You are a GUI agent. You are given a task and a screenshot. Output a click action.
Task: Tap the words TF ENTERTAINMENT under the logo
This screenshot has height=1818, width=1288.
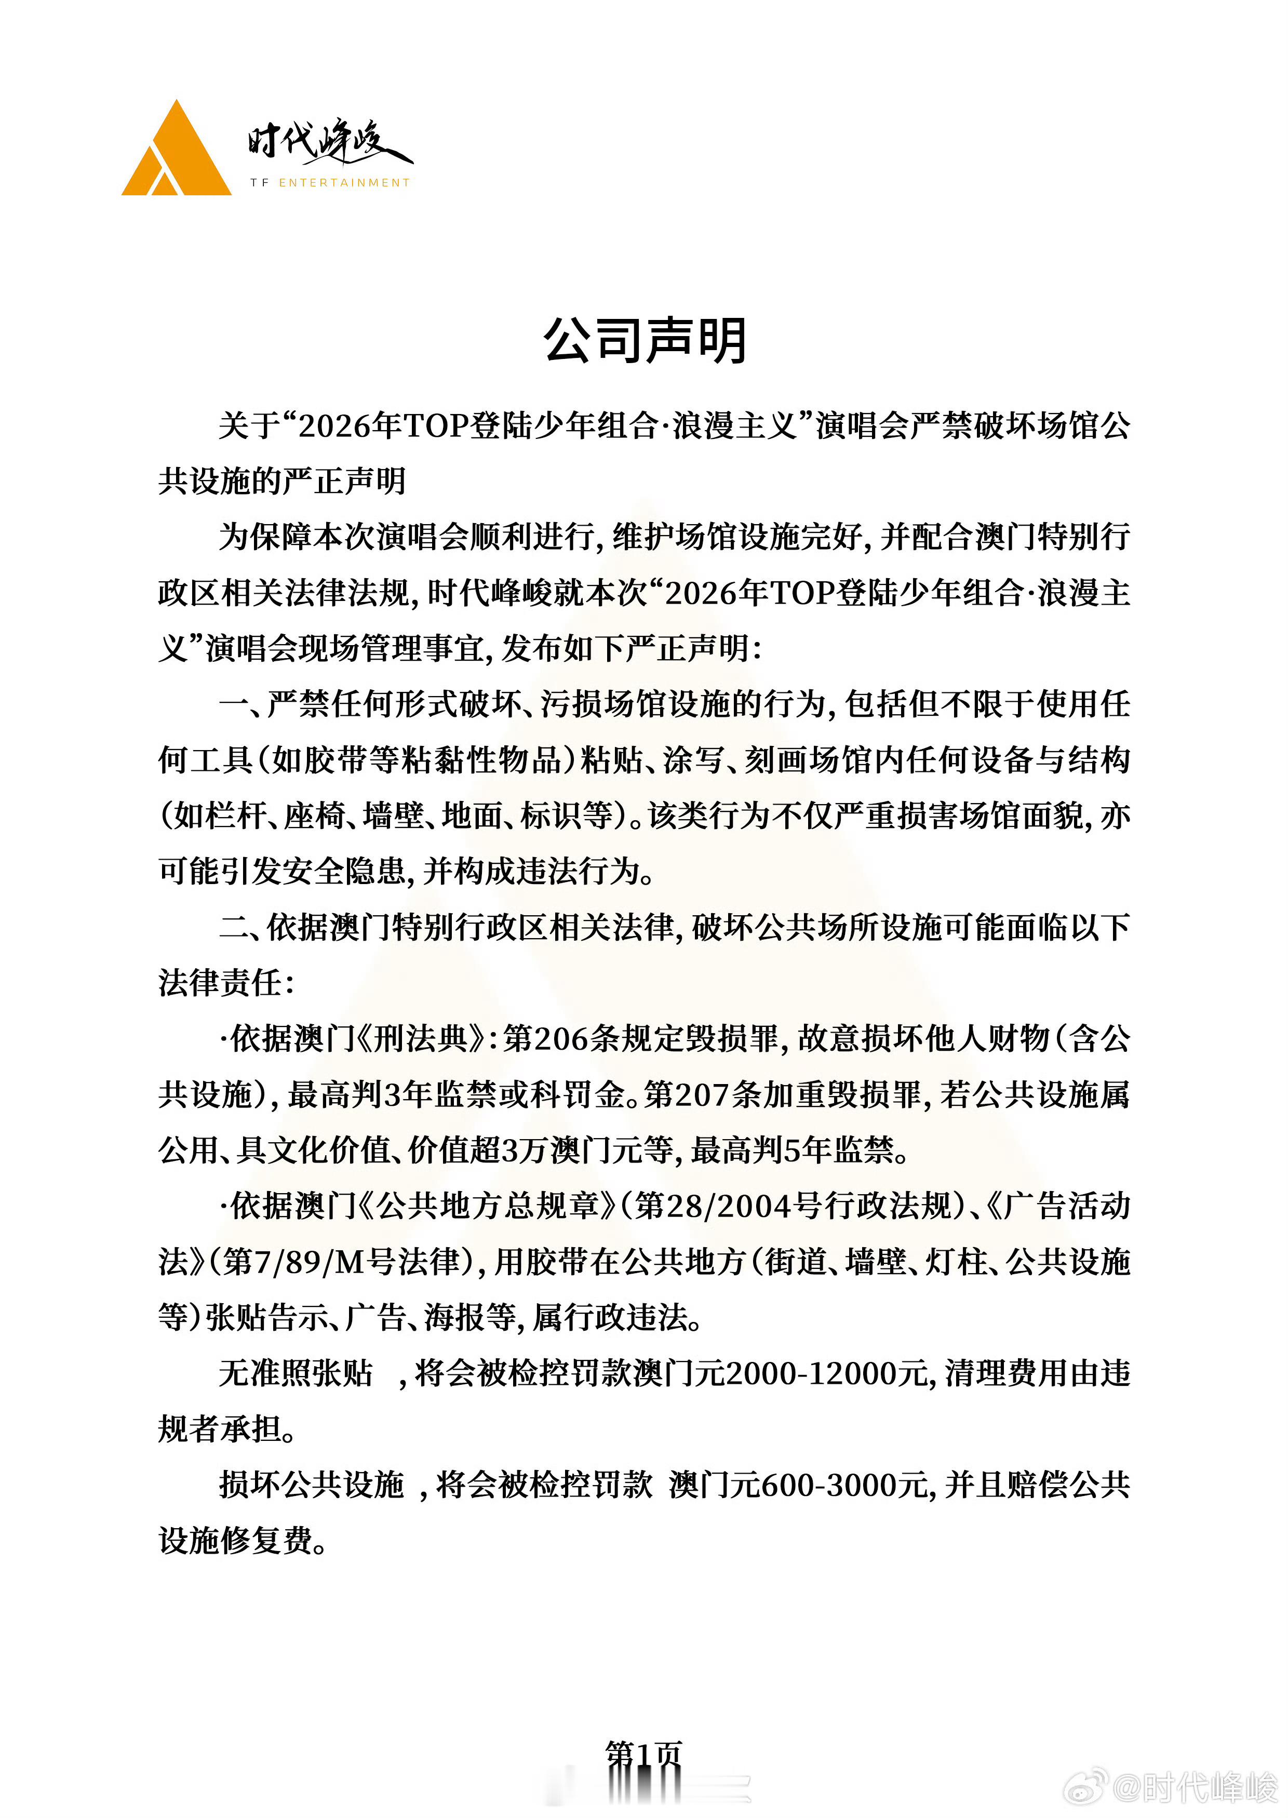(330, 182)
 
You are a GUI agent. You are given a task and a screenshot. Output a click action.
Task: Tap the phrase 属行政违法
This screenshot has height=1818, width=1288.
(610, 1317)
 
